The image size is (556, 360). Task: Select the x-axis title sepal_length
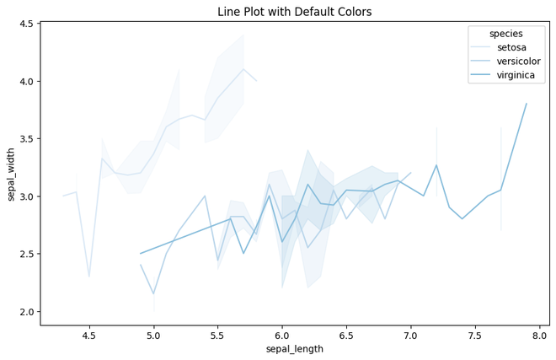(294, 349)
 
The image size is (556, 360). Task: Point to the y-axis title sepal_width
(12, 173)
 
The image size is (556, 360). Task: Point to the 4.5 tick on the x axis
(89, 335)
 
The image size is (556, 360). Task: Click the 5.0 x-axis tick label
(153, 335)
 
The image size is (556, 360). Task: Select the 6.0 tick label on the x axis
(282, 335)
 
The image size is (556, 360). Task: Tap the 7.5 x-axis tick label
(475, 335)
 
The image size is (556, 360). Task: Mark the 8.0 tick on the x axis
(539, 335)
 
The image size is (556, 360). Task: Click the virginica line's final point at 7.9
(527, 104)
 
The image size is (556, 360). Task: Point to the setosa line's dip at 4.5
(89, 277)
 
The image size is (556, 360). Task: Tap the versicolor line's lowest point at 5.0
(153, 294)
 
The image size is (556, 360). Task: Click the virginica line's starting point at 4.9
(141, 254)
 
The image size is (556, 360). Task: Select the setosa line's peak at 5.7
(243, 69)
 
